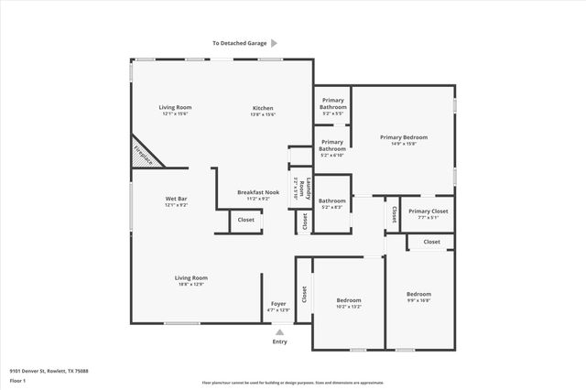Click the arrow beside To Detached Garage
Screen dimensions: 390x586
click(274, 43)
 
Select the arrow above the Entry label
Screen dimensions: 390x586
click(280, 332)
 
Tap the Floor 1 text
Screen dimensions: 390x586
click(18, 379)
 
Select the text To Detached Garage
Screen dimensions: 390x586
click(238, 43)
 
